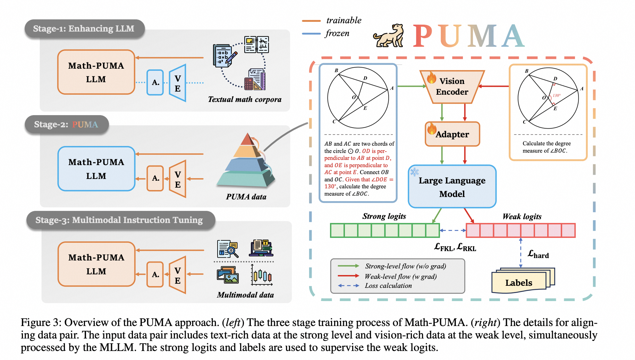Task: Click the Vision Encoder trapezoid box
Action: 452,87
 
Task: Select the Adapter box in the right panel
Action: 452,134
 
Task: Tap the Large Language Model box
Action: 452,187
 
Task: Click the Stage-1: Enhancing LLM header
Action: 84,28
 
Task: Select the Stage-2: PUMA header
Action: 66,125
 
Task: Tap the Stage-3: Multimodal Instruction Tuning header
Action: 119,220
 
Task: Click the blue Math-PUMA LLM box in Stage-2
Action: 96,169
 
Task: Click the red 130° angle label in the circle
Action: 557,95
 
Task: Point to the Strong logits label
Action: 384,216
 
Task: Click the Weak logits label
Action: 522,217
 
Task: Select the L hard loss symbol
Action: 538,254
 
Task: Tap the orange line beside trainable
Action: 311,21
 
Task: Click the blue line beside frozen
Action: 311,34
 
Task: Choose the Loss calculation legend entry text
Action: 388,286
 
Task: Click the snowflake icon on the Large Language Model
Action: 414,172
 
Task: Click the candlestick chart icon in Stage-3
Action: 262,276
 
